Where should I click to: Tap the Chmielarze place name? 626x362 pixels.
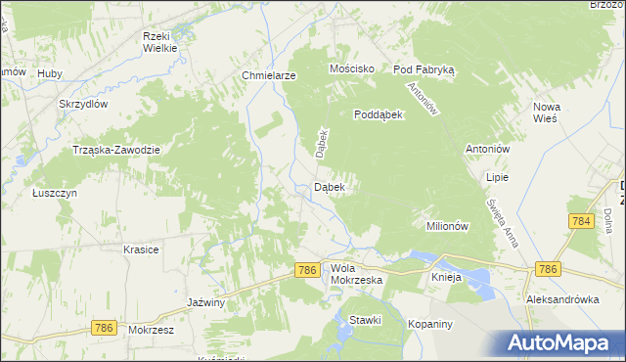(x=268, y=75)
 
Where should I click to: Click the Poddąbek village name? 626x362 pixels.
(x=380, y=113)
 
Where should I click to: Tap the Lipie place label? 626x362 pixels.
(x=498, y=178)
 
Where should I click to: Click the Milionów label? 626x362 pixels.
(x=449, y=225)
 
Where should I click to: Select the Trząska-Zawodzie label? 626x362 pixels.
(x=116, y=149)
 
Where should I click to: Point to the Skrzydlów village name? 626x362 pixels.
(x=81, y=104)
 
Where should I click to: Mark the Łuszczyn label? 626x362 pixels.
(x=54, y=193)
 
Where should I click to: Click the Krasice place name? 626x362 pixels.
(x=141, y=249)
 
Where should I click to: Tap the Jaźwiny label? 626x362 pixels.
(x=206, y=303)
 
